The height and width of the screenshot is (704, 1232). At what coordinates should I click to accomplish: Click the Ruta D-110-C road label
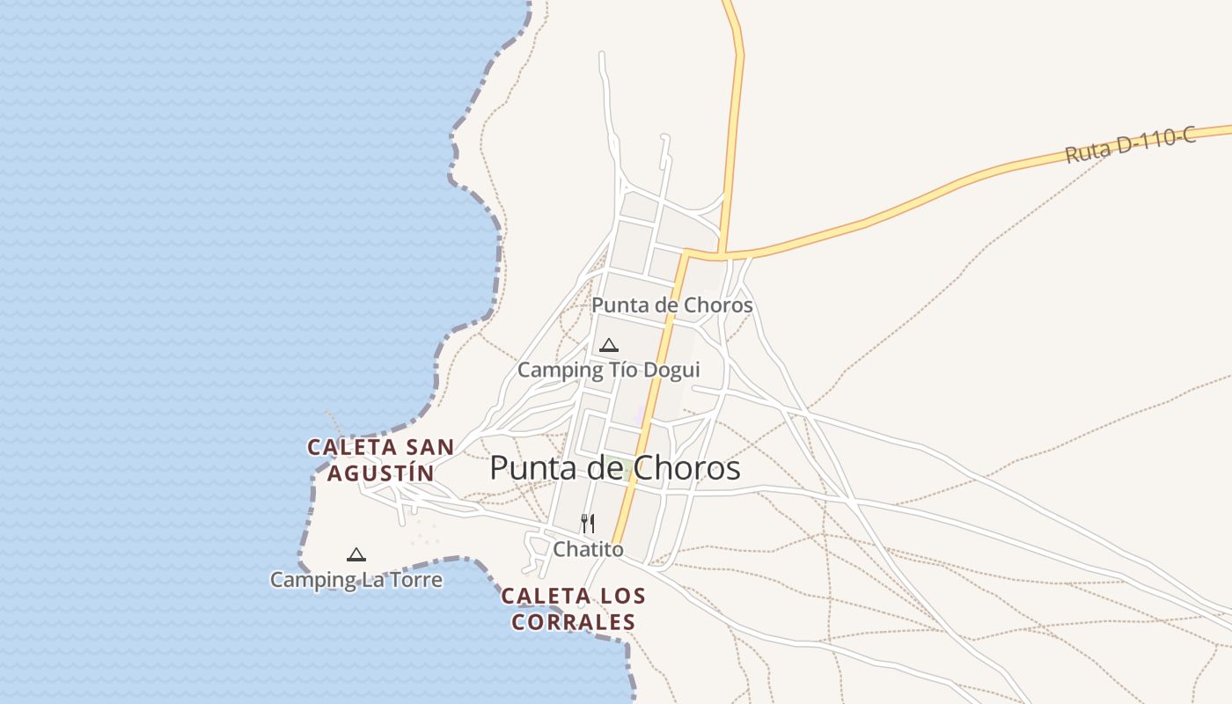pos(1131,146)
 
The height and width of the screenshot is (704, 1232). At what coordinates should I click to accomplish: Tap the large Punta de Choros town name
pos(614,468)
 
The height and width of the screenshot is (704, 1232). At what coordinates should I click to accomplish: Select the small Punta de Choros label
pos(671,305)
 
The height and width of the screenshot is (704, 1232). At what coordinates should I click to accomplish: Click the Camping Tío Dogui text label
pos(608,370)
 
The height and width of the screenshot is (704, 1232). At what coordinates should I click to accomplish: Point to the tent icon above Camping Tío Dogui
pos(608,345)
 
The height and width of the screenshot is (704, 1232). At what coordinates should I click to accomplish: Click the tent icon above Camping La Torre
pos(356,554)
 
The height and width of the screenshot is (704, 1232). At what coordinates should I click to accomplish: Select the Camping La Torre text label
pos(356,580)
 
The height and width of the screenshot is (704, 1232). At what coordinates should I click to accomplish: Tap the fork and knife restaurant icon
pos(588,524)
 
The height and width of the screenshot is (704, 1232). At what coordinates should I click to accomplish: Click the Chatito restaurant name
pos(588,550)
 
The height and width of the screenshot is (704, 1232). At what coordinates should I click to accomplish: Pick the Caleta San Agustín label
pos(380,460)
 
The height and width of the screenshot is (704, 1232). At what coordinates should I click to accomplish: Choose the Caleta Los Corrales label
pos(574,609)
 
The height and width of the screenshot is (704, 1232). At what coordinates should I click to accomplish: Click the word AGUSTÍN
pos(380,473)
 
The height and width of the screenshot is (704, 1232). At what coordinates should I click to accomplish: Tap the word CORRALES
pos(574,622)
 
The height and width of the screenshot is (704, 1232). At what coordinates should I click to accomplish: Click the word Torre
pos(414,580)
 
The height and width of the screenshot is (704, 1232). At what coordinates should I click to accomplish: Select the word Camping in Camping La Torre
pos(304,580)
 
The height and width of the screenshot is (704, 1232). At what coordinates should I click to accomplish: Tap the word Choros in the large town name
pos(686,468)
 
